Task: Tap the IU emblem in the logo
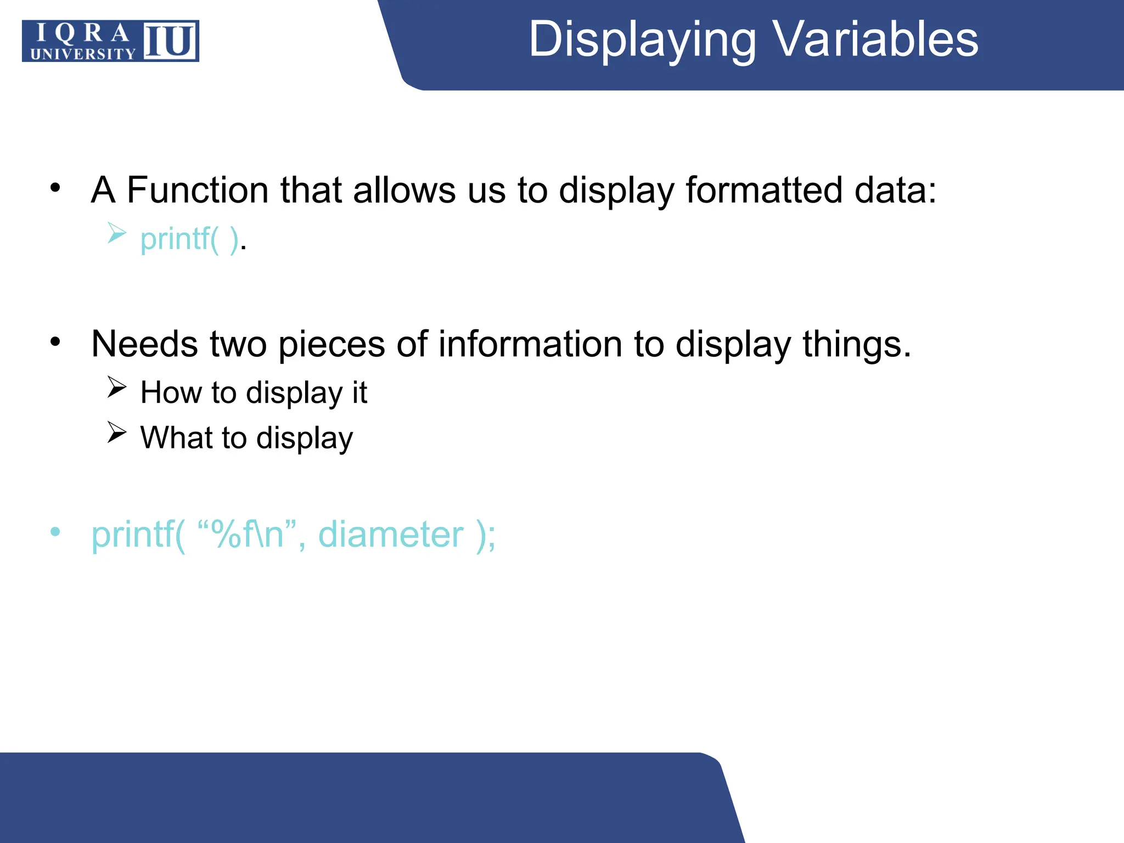point(170,41)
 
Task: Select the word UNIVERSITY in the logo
point(83,54)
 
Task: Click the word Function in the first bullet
point(198,190)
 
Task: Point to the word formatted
point(763,190)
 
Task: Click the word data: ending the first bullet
point(895,190)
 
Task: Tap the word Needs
point(144,345)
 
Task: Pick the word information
point(530,345)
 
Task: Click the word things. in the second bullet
point(856,345)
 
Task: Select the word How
point(171,393)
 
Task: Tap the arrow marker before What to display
point(117,432)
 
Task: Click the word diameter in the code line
point(391,535)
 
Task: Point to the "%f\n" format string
point(246,535)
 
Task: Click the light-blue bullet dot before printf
point(55,531)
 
